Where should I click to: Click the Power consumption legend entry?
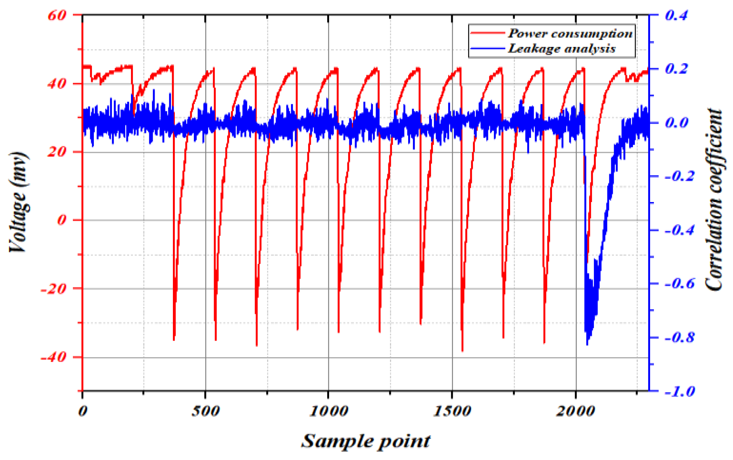click(x=570, y=34)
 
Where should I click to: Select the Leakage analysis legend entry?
click(x=561, y=49)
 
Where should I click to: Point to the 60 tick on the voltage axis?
click(x=57, y=16)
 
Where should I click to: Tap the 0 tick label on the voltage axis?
click(x=62, y=220)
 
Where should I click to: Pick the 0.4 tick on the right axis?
click(x=676, y=15)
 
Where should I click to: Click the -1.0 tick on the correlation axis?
click(x=680, y=391)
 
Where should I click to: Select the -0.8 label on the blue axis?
click(x=680, y=337)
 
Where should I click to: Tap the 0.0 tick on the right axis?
click(x=676, y=123)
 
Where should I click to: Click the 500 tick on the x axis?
click(x=205, y=411)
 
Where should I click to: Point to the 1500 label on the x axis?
click(x=452, y=411)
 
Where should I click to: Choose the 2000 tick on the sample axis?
click(x=576, y=411)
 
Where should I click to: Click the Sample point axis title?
click(x=366, y=441)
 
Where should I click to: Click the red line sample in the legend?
click(x=487, y=33)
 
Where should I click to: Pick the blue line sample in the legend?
click(x=487, y=49)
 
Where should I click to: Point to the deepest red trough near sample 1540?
click(x=462, y=350)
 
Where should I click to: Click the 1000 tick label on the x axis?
click(x=328, y=411)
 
